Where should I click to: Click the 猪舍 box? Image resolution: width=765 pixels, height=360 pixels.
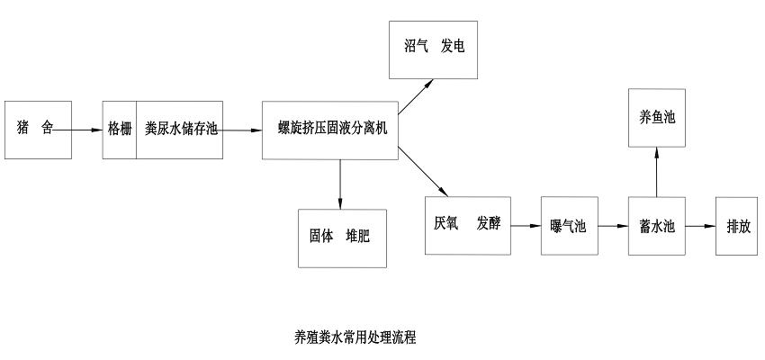(38, 129)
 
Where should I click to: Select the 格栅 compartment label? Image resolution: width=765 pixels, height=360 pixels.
(120, 129)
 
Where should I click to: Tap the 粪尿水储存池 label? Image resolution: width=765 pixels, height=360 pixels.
(181, 129)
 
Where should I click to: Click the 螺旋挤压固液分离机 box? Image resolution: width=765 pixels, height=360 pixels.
(330, 129)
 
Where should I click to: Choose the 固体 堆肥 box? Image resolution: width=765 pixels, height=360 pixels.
(342, 238)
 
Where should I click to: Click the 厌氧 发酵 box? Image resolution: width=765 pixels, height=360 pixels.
(467, 224)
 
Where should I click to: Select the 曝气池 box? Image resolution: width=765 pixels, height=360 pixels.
(568, 225)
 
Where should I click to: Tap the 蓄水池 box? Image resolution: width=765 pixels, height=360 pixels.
(657, 225)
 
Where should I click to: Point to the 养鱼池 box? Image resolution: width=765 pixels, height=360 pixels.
(657, 117)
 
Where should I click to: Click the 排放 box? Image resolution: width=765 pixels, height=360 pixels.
(738, 225)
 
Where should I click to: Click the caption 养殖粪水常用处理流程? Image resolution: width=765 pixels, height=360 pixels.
(355, 337)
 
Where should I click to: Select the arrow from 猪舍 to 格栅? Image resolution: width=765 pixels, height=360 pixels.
(76, 130)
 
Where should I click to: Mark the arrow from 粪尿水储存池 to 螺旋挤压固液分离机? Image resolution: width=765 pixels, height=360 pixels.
(242, 130)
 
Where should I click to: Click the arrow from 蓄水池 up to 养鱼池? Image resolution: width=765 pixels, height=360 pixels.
(657, 172)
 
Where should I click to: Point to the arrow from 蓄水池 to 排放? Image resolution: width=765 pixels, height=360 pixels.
(701, 225)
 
